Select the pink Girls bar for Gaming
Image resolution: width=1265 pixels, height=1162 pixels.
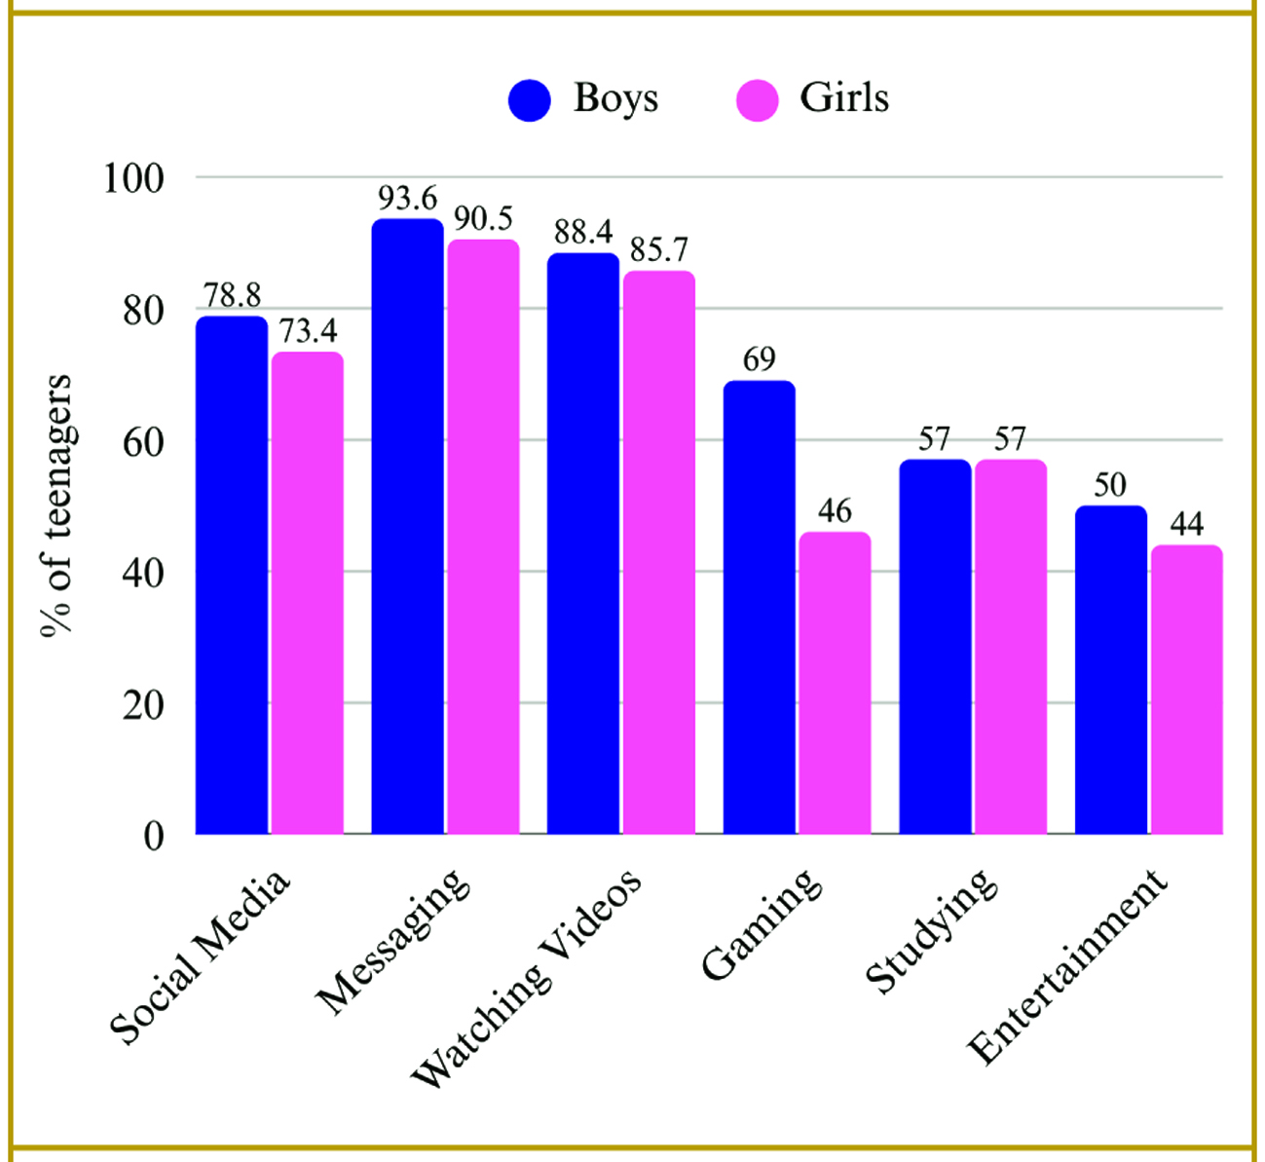[835, 682]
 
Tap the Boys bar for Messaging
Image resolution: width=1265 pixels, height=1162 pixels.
[407, 526]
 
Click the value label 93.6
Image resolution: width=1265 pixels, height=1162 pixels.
[408, 199]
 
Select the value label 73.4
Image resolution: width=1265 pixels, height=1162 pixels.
[308, 332]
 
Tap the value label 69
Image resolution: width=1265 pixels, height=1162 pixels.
[759, 360]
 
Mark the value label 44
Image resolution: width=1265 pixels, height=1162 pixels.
[1186, 525]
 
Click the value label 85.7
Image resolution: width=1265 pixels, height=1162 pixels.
[659, 250]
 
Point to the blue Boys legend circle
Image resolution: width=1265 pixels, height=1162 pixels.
[530, 99]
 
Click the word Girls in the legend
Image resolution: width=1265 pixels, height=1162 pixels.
[844, 98]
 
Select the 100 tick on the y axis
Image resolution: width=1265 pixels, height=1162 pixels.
[134, 179]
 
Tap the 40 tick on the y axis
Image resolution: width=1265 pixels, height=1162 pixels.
[142, 573]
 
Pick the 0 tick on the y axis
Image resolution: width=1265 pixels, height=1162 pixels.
[153, 836]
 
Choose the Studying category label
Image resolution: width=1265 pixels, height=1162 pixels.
[930, 930]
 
